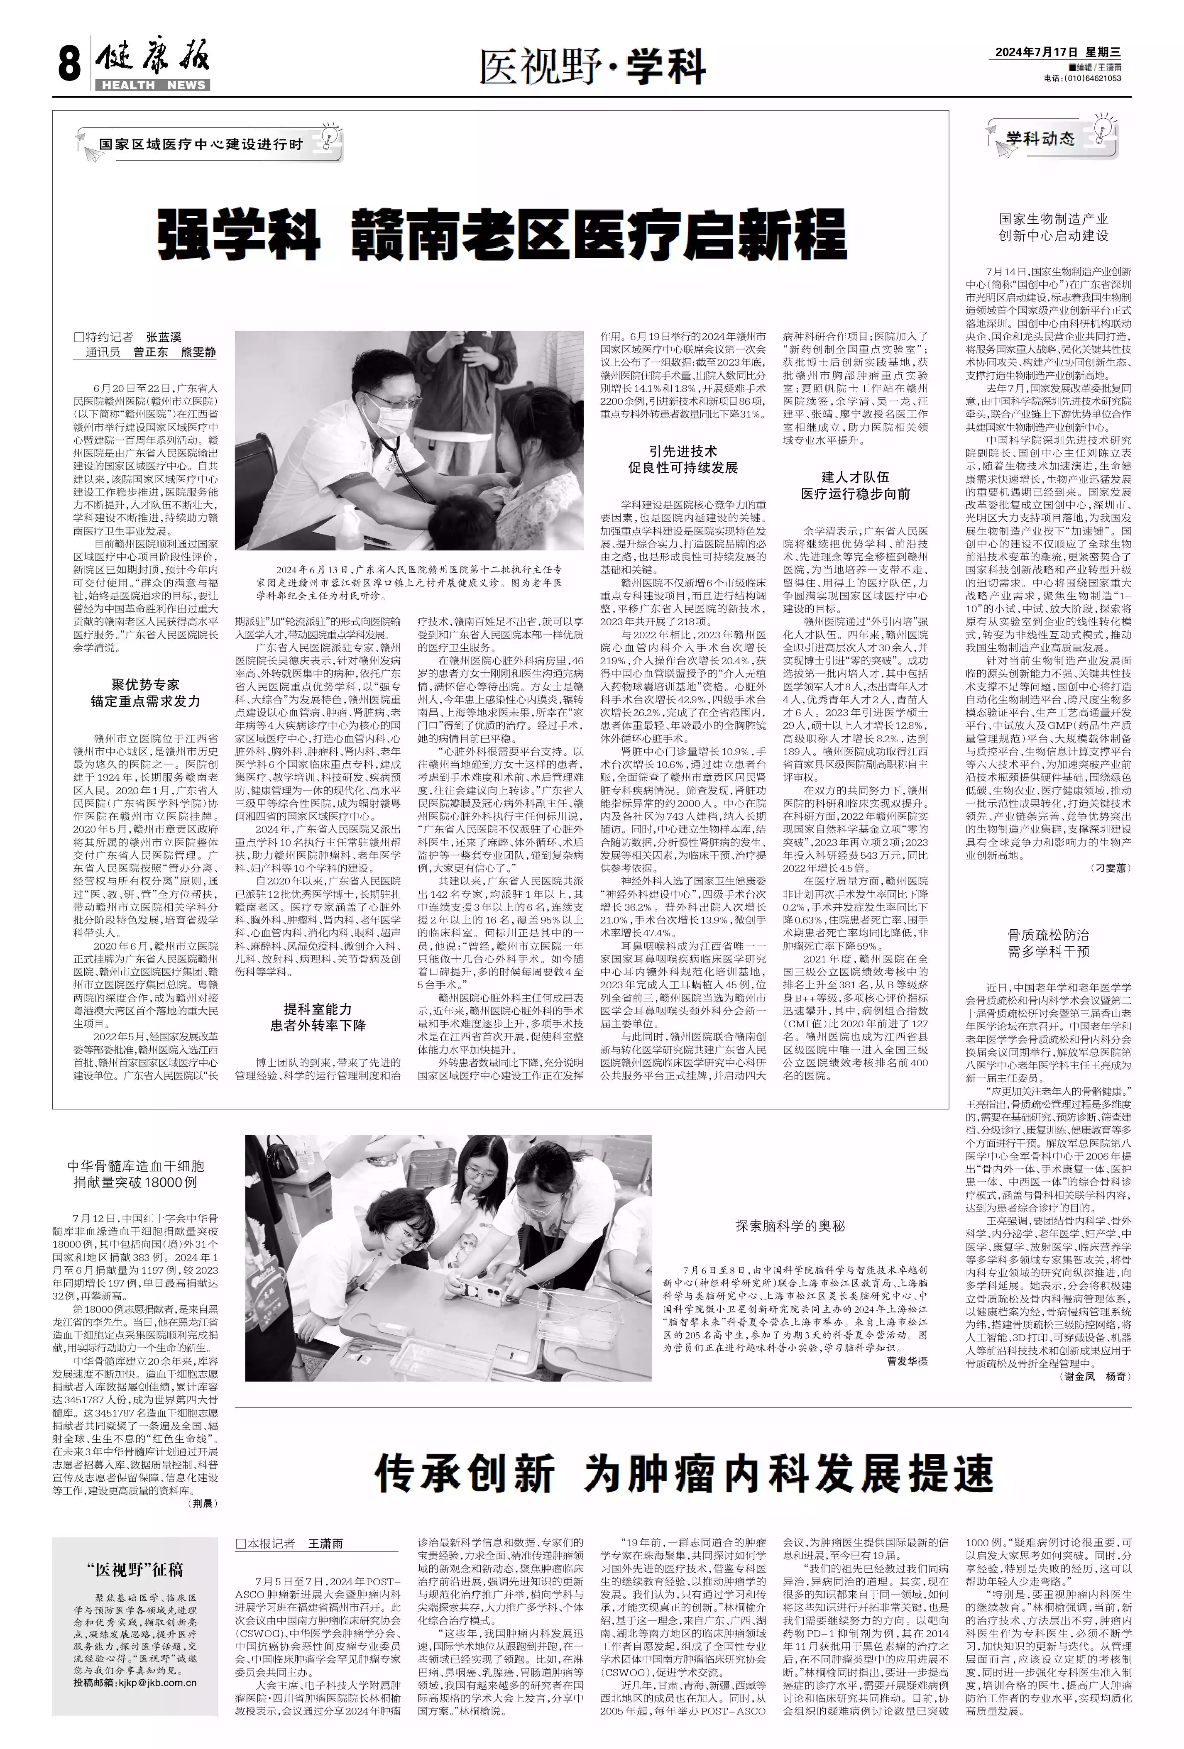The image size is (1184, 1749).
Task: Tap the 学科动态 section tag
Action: click(1041, 139)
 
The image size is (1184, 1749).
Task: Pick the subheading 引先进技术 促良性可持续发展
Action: click(683, 459)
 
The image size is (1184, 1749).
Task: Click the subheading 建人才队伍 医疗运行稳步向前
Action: click(855, 486)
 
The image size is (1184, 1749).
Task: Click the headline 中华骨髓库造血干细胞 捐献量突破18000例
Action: click(135, 1174)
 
